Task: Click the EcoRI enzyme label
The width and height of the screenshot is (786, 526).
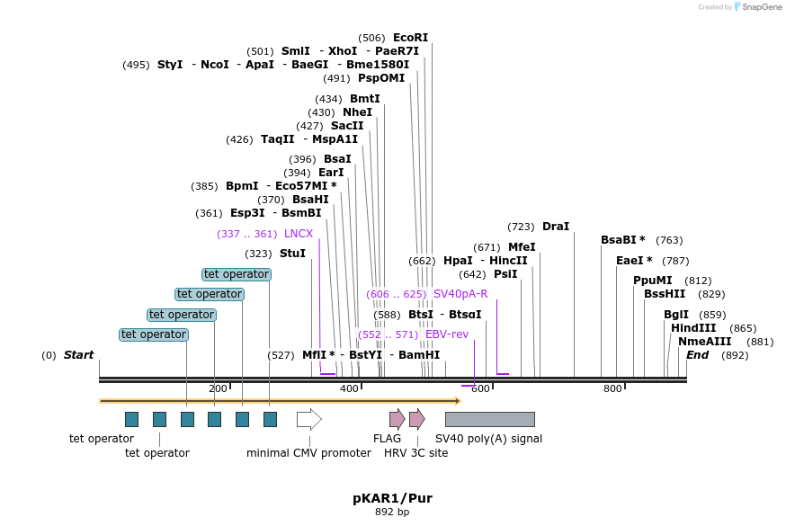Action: [410, 38]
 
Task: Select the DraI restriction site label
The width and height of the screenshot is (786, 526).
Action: [555, 227]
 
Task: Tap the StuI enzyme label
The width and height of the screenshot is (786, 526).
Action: [292, 254]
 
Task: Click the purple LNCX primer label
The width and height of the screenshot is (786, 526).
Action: [298, 234]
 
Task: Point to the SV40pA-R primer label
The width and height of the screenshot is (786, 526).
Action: [460, 294]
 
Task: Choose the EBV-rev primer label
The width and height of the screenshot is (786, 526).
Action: [447, 334]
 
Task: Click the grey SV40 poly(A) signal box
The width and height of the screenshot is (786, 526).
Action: [489, 419]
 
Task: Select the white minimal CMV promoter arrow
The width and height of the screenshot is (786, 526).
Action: [308, 419]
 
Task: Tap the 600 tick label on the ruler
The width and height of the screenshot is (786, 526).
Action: [480, 388]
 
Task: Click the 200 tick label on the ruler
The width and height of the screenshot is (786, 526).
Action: [218, 388]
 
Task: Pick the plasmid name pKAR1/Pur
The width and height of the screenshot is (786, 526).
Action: [392, 497]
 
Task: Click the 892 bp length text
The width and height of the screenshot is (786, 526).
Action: [392, 512]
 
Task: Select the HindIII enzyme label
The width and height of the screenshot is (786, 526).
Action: [693, 328]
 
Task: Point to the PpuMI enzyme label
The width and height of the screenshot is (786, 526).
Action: [652, 281]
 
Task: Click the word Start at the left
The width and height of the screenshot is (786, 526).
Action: [78, 355]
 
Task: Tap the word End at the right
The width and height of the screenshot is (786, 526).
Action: [697, 355]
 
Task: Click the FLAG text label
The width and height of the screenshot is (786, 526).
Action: [387, 439]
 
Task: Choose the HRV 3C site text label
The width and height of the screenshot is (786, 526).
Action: [415, 453]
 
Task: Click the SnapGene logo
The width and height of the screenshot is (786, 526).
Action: [758, 7]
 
